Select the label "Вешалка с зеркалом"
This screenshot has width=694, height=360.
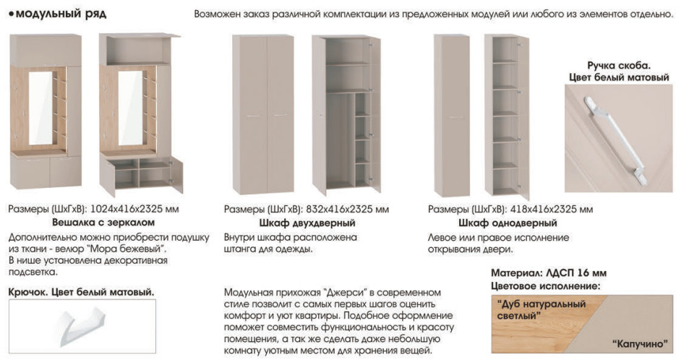pyautogui.click(x=103, y=222)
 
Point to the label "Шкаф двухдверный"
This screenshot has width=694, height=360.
pyautogui.click(x=307, y=223)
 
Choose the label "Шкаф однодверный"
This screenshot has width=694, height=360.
pyautogui.click(x=507, y=223)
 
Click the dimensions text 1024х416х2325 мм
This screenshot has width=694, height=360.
pyautogui.click(x=134, y=209)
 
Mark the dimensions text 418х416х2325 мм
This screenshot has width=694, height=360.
pyautogui.click(x=552, y=209)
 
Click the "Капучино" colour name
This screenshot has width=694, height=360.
pyautogui.click(x=640, y=344)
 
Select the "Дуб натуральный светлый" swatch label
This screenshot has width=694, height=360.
pyautogui.click(x=541, y=310)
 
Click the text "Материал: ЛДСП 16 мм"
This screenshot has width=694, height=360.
pyautogui.click(x=549, y=273)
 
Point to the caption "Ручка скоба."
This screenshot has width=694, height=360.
pyautogui.click(x=619, y=66)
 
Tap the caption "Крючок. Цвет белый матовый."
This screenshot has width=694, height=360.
pyautogui.click(x=82, y=292)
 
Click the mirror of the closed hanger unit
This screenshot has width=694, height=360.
pyautogui.click(x=40, y=108)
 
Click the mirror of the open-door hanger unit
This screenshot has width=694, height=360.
pyautogui.click(x=130, y=108)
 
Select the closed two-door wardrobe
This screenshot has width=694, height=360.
pyautogui.click(x=263, y=115)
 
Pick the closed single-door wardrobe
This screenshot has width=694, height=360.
pyautogui.click(x=451, y=115)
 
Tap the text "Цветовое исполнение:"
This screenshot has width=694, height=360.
pyautogui.click(x=545, y=286)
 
